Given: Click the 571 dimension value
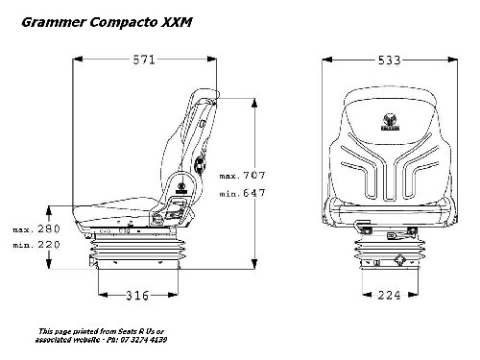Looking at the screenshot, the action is (144, 60).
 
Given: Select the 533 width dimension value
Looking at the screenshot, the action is (389, 60).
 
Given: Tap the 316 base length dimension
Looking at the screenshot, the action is (137, 296).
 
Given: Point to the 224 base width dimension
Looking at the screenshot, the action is (389, 295).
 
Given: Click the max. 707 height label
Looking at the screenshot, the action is (243, 176).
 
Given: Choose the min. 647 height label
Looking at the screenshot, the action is (243, 193).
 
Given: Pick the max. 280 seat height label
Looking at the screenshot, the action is (36, 228).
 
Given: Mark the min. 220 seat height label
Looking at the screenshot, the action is (36, 245).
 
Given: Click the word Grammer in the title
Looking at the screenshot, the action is (54, 22).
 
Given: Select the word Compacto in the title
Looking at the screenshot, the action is (124, 22).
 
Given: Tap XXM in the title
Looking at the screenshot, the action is (177, 22).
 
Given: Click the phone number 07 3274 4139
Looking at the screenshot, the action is (144, 340).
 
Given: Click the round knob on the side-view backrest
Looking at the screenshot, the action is (200, 165).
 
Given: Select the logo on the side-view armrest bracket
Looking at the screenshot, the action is (181, 188).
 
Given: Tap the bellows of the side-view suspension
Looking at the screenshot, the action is (134, 249).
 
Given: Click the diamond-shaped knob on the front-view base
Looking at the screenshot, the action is (399, 260).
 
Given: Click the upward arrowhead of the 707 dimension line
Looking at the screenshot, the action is (254, 104).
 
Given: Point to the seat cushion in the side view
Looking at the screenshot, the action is (116, 212).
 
